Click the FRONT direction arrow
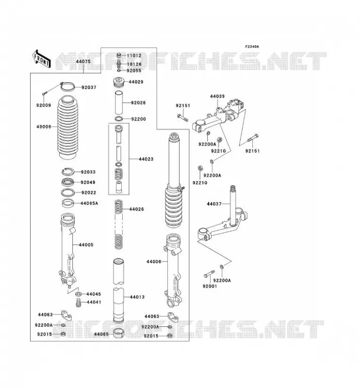(x=42, y=59)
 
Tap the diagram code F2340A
(x=252, y=47)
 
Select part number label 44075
(x=83, y=62)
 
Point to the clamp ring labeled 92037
(x=67, y=86)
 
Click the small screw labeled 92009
(x=45, y=93)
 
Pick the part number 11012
(x=134, y=55)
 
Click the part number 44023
(x=146, y=159)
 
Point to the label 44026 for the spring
(x=137, y=209)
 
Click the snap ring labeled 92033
(x=67, y=171)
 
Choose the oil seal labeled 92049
(x=67, y=182)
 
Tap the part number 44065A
(x=89, y=203)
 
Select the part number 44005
(x=86, y=245)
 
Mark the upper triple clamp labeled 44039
(x=219, y=114)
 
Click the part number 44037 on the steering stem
(x=214, y=204)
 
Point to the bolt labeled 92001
(x=210, y=274)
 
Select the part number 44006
(x=154, y=261)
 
